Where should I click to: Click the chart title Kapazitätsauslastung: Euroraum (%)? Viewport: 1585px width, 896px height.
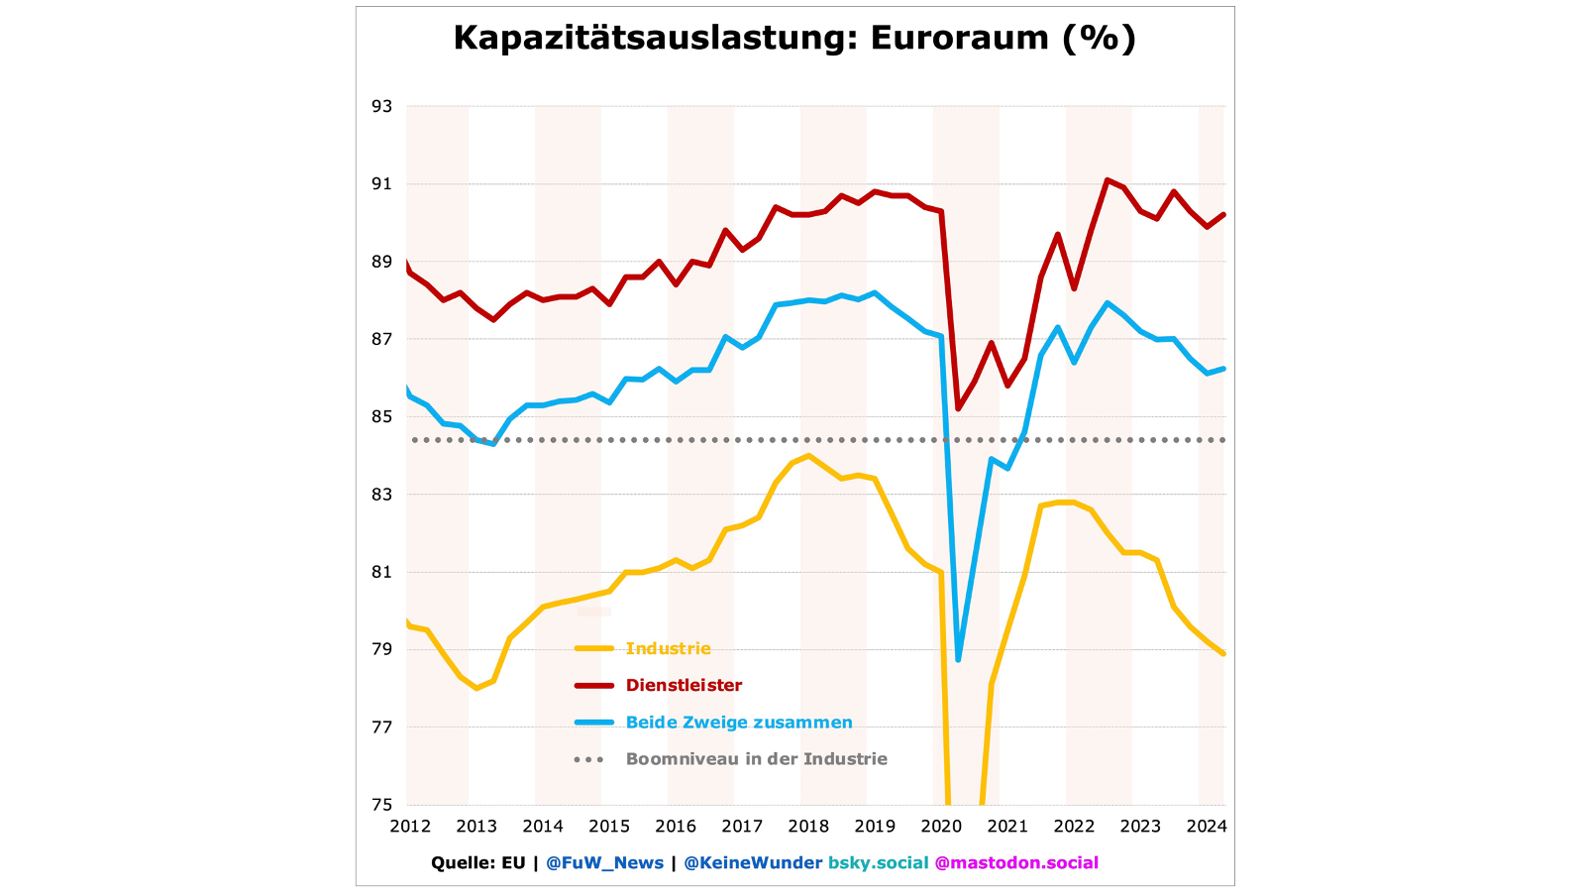click(x=794, y=38)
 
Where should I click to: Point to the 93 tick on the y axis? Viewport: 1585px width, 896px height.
click(x=381, y=106)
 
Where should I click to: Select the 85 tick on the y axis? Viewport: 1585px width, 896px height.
click(x=381, y=417)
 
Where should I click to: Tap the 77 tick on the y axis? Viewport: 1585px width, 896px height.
click(x=381, y=728)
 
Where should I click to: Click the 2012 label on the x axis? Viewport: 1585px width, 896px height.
click(x=410, y=827)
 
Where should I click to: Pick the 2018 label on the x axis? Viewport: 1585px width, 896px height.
click(x=808, y=827)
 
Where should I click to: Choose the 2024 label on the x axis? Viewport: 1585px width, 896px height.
click(x=1207, y=827)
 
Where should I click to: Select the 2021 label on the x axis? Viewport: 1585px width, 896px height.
click(x=1007, y=827)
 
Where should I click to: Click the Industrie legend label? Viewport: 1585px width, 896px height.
click(x=669, y=649)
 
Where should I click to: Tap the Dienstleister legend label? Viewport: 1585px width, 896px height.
click(x=684, y=686)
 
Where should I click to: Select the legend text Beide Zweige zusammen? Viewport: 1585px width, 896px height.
click(x=739, y=723)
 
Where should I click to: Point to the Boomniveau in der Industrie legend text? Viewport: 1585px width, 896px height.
click(x=757, y=759)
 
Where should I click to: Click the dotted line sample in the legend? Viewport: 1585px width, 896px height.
click(x=588, y=759)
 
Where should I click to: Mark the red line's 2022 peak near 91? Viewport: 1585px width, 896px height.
click(x=1107, y=180)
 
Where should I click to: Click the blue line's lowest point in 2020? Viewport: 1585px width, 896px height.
click(x=958, y=659)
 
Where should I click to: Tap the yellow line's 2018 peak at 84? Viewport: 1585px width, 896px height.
click(x=808, y=456)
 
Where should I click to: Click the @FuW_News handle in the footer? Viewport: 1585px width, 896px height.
click(x=604, y=863)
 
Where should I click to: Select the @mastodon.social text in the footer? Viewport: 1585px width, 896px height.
click(x=1016, y=863)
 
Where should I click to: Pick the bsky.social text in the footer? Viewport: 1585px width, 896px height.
click(x=879, y=863)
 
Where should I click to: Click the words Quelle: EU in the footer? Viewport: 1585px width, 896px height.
click(x=477, y=863)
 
